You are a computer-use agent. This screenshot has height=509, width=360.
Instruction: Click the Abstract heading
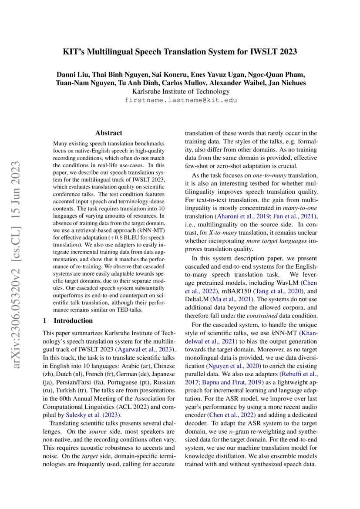pos(109,133)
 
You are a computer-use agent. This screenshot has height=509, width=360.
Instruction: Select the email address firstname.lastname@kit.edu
pos(180,100)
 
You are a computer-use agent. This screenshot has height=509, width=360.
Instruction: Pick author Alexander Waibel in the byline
pos(232,83)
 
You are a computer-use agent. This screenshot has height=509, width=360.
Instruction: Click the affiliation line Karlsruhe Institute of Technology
pos(180,91)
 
